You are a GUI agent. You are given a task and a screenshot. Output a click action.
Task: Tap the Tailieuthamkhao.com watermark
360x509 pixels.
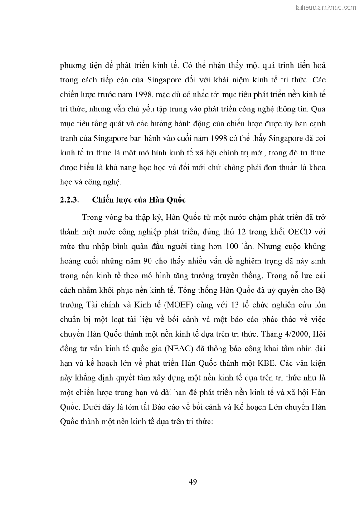[x=326, y=7]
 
